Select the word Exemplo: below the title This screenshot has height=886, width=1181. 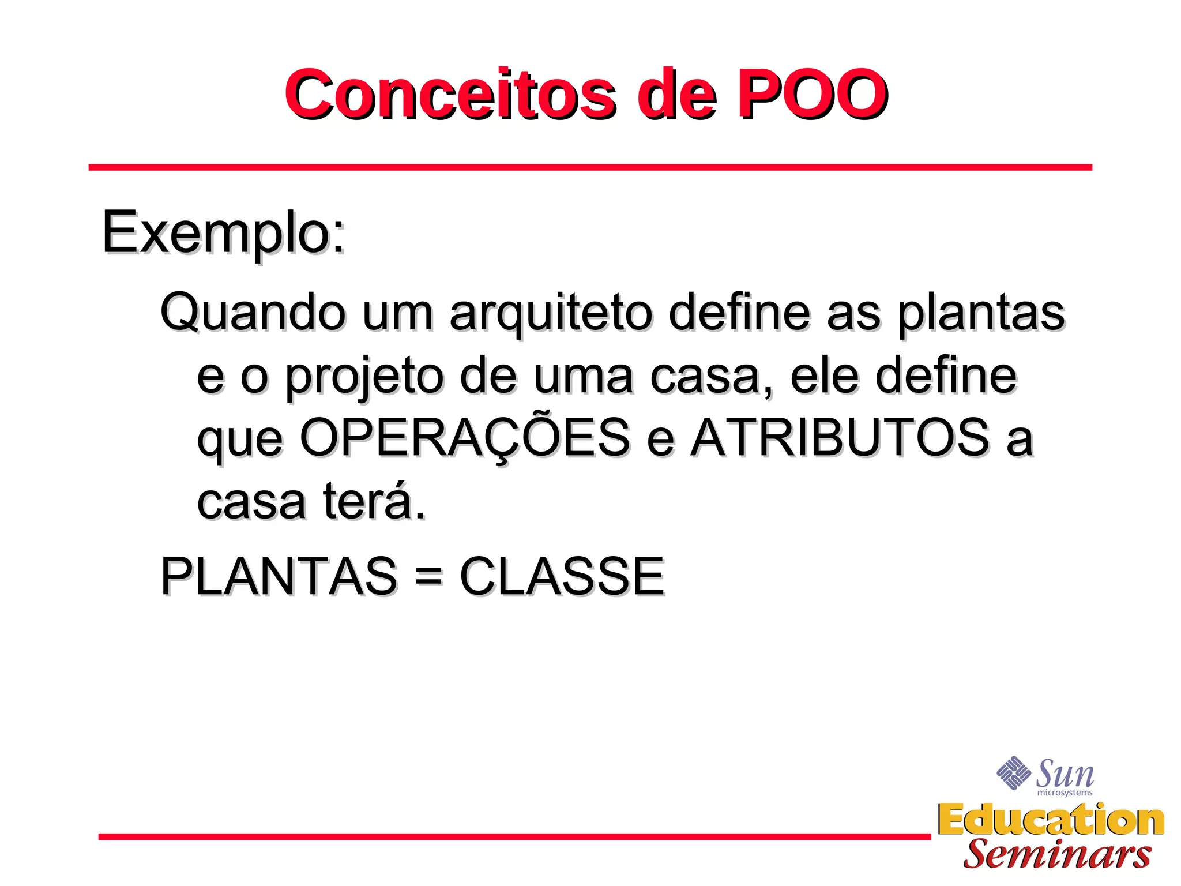tap(224, 232)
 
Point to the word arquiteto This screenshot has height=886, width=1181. tap(551, 312)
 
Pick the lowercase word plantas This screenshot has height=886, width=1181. tap(981, 312)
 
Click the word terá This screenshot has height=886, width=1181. tap(374, 501)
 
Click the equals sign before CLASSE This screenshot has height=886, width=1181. tap(428, 576)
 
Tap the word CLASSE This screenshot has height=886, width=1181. tap(562, 576)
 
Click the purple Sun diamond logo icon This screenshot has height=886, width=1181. tap(1013, 772)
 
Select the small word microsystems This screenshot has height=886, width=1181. tap(1065, 793)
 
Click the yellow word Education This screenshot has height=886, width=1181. tap(1051, 820)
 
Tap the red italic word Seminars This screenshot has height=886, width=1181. tap(1058, 854)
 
